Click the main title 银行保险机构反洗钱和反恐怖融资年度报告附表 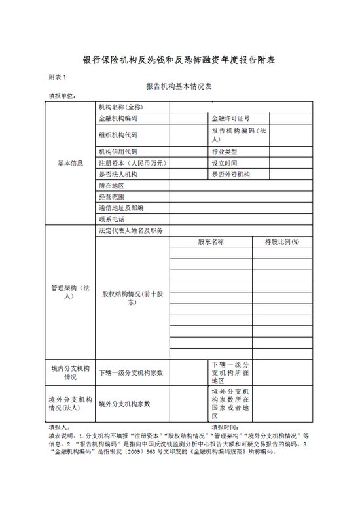[x=179, y=60]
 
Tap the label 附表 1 [x=58, y=77]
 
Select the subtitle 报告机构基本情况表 [x=179, y=87]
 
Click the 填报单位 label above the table [x=62, y=96]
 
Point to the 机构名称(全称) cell [x=121, y=107]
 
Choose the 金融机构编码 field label [x=118, y=119]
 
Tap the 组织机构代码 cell [x=118, y=135]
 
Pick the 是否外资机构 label [x=230, y=175]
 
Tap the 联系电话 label [x=111, y=219]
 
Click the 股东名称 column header [x=211, y=242]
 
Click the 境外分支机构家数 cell [x=124, y=404]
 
